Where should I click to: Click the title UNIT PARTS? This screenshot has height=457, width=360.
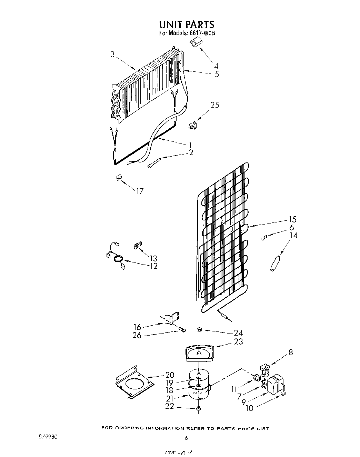click(x=187, y=24)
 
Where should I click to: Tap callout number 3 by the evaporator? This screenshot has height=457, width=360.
click(x=112, y=54)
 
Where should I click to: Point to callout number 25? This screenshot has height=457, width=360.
click(x=214, y=105)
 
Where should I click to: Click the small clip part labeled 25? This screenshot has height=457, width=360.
click(x=193, y=125)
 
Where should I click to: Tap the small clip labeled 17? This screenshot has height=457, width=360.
click(x=118, y=177)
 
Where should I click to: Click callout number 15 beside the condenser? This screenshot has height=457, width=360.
click(x=292, y=219)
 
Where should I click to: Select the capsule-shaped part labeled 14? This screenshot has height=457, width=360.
click(x=276, y=264)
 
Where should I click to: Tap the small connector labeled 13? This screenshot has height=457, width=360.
click(x=137, y=246)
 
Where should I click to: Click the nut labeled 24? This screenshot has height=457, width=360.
click(x=199, y=329)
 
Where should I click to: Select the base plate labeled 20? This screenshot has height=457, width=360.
click(x=133, y=384)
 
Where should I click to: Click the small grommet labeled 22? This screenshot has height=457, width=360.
click(x=198, y=409)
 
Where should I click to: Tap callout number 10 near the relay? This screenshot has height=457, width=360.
click(x=249, y=408)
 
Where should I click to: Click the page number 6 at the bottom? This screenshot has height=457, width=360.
click(x=186, y=438)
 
